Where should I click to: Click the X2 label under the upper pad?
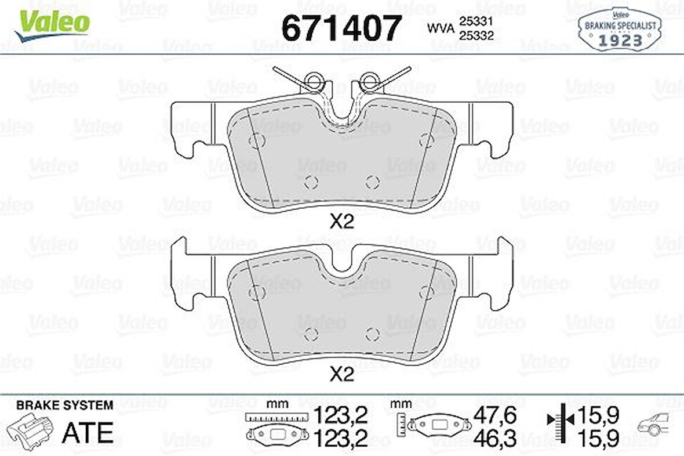(x=341, y=221)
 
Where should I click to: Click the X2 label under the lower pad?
(x=341, y=375)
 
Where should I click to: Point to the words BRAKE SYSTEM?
(x=65, y=405)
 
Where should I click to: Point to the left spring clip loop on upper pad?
(x=313, y=82)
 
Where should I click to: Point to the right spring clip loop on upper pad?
(x=368, y=82)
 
